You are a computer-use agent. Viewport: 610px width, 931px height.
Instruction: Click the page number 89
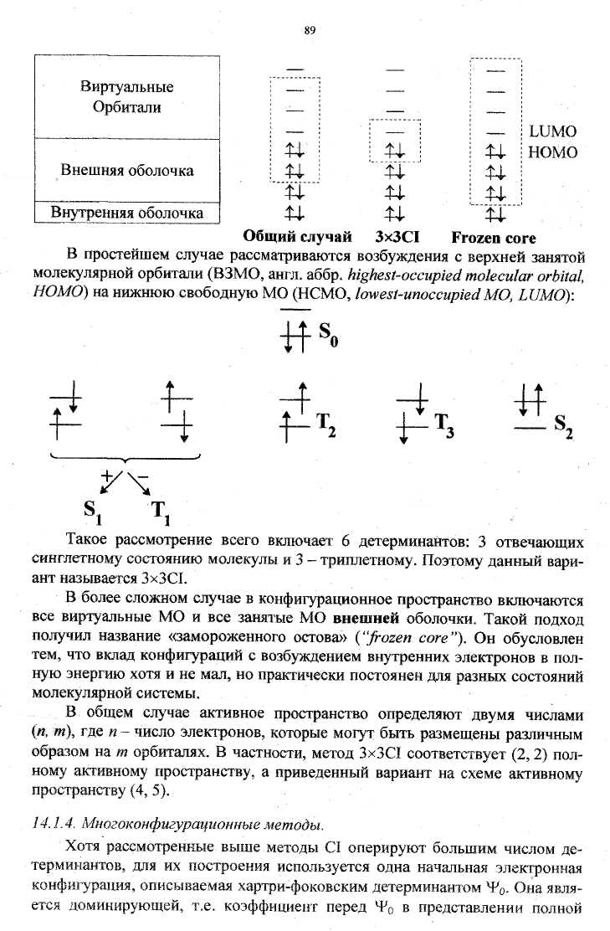coord(309,31)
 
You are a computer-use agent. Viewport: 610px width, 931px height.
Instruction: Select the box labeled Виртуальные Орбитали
coord(127,97)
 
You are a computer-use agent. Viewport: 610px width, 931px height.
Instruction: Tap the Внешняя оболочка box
coord(127,171)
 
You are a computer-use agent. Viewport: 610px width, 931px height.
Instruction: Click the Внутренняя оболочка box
coord(127,213)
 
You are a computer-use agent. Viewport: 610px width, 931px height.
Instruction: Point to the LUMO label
coord(553,132)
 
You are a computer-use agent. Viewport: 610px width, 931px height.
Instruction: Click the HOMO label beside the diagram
coord(553,152)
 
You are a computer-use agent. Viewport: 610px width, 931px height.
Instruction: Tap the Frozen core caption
coord(494,237)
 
